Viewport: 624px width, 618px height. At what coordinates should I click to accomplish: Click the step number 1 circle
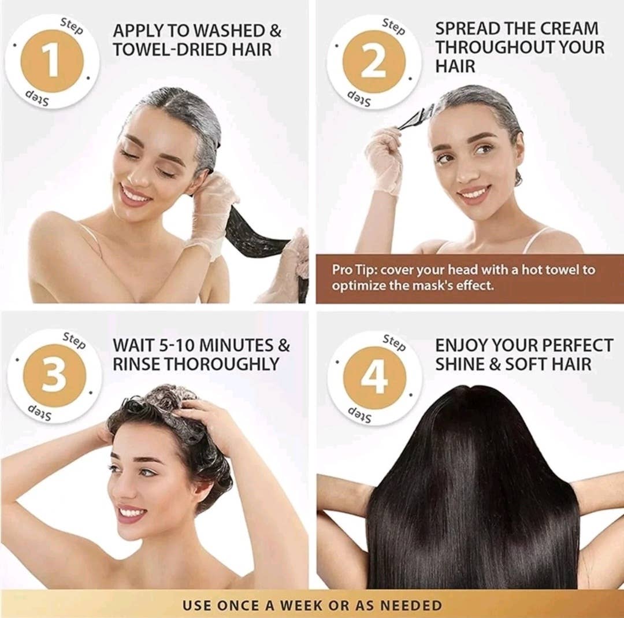[52, 61]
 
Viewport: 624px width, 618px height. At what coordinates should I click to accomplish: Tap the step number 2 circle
[374, 61]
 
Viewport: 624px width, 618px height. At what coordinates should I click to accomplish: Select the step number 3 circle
[54, 375]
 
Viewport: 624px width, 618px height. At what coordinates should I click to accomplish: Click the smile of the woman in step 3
[132, 512]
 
